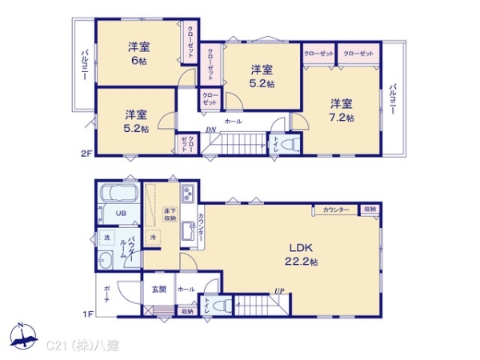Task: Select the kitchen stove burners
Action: (188, 195)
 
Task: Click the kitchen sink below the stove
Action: (188, 231)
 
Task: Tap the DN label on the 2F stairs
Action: (210, 130)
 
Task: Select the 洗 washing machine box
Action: (106, 238)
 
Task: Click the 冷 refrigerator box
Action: (153, 238)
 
